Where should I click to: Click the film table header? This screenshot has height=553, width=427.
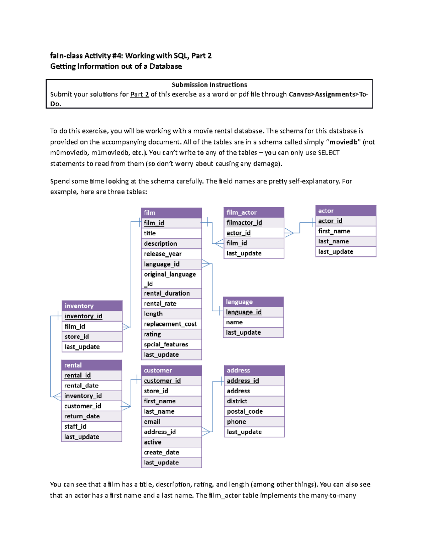pos(171,213)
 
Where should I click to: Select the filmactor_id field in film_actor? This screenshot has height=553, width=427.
pos(244,223)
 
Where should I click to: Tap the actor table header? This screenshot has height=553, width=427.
pos(346,211)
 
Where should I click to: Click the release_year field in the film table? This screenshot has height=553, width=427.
pos(163,254)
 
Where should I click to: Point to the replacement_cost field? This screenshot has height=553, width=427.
pos(170,324)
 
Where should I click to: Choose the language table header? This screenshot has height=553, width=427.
pos(253,302)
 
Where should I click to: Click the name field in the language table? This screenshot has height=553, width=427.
pos(234,322)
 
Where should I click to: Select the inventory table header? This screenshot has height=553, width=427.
pos(92,306)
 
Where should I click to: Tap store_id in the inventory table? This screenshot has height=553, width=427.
pos(77,337)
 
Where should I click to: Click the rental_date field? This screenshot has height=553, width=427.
pos(81,386)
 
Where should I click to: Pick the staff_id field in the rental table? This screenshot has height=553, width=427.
pos(75,427)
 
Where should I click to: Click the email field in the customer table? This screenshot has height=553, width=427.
pos(152,422)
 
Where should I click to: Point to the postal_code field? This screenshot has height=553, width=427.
pos(245,412)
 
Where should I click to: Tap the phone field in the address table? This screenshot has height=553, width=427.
pos(237,422)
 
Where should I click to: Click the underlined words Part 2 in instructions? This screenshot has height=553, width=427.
pos(139,94)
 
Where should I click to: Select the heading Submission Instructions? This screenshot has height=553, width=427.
pos(209,85)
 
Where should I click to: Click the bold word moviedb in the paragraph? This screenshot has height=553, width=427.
pos(343,142)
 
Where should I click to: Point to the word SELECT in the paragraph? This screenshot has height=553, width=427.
pos(328,153)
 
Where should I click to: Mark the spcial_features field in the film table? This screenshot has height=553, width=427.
pos(166,344)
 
